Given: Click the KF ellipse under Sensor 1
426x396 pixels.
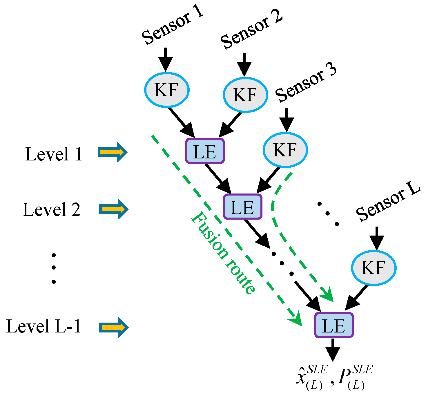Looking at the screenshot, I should (x=167, y=89).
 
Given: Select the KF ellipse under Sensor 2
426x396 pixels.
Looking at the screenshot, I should (x=245, y=95).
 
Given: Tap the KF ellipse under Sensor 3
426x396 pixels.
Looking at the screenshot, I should (x=285, y=150).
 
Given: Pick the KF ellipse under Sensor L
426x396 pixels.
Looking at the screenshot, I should (x=374, y=267).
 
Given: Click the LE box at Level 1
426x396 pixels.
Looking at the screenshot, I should (x=205, y=151).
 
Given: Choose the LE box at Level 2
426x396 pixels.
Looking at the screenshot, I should (x=242, y=207).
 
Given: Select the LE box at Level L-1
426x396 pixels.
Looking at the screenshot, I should (x=334, y=325).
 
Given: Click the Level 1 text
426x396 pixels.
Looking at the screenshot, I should (x=54, y=154).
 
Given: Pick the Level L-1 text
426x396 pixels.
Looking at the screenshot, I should (x=43, y=326).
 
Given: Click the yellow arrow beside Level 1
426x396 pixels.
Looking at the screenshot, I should (x=113, y=152).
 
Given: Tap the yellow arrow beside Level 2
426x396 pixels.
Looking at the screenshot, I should (x=113, y=209).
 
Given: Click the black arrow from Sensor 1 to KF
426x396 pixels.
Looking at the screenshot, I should (x=166, y=59).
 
